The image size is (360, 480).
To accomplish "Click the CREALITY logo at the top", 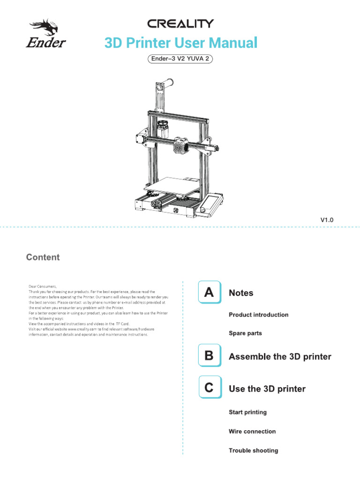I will pos(180,23).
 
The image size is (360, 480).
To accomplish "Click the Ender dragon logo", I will pos(45,34).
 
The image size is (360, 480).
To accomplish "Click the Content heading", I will pos(43,257).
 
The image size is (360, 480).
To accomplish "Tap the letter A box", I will pos(209,292).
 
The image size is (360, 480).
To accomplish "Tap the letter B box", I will pos(209,356).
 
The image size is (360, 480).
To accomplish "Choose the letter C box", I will pos(209,388).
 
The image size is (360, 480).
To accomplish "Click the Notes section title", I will pos(241,293).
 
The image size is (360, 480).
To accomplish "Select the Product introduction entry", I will pos(258,315).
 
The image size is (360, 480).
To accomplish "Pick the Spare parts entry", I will pos(245,333).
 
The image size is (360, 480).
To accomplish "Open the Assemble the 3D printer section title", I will pos(280,357).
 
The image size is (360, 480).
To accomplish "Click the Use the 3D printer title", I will pos(267,389).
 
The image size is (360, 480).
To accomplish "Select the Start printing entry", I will pos(247,412).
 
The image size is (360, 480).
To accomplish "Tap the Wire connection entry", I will pos(252,431).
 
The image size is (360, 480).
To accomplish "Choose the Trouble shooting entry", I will pos(253,450).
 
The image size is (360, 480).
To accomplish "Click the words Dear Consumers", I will pos(42,286).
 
